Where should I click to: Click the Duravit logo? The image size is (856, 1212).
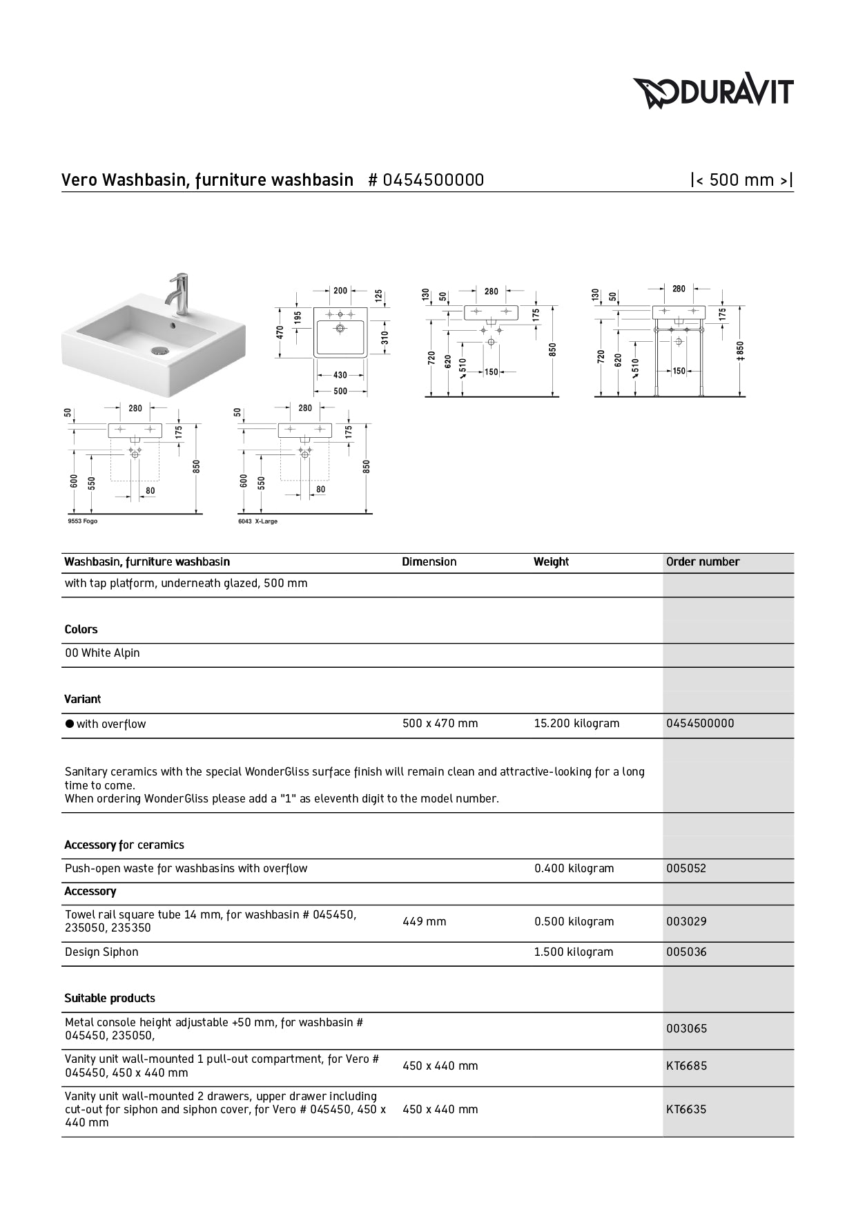click(713, 93)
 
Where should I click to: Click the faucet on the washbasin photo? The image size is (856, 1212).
click(179, 294)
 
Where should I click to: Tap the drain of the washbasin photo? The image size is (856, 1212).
click(160, 350)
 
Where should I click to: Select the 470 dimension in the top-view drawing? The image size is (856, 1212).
click(281, 332)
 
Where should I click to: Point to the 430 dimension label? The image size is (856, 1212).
click(340, 376)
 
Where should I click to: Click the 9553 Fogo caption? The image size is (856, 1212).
click(83, 521)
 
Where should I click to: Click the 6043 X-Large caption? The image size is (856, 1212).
click(257, 521)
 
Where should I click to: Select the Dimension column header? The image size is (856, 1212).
click(429, 562)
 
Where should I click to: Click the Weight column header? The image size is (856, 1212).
click(551, 562)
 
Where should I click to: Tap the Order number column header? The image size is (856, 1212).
click(702, 562)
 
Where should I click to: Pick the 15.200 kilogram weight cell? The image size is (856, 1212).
click(576, 724)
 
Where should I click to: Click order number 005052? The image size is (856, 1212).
click(686, 869)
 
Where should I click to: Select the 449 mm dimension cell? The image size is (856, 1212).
click(424, 922)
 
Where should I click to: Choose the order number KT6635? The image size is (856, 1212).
click(686, 1110)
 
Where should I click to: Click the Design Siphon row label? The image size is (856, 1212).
click(101, 952)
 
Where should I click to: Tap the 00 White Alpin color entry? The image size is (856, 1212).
click(102, 653)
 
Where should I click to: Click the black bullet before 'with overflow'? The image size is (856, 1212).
click(69, 724)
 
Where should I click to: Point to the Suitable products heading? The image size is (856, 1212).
click(110, 999)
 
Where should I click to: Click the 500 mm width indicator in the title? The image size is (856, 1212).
click(741, 180)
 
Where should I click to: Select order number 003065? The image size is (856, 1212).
click(686, 1029)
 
